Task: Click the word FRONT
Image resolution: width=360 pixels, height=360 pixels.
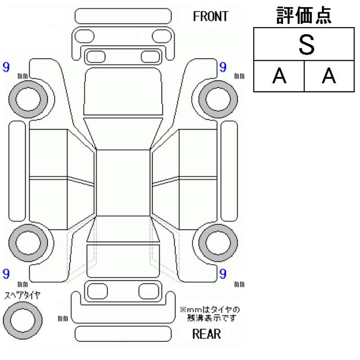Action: (211, 17)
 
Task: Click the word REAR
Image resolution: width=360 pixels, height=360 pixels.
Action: (207, 334)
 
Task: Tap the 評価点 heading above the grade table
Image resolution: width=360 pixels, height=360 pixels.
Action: (304, 15)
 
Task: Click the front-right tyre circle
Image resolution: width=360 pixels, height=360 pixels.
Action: (218, 95)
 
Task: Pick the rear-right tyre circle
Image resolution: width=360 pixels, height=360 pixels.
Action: (218, 242)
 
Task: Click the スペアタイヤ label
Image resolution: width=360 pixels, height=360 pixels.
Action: (22, 295)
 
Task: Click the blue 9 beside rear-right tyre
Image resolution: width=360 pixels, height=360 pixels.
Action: (223, 273)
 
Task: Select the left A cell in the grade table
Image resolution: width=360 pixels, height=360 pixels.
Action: (279, 76)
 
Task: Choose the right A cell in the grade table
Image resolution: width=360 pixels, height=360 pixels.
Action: (329, 76)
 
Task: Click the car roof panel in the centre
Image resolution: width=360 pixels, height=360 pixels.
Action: (123, 182)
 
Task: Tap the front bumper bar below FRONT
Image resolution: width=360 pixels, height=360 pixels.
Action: (123, 16)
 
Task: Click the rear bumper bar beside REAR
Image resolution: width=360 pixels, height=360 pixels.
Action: (123, 334)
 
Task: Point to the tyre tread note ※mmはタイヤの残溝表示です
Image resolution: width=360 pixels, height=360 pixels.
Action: (210, 314)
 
